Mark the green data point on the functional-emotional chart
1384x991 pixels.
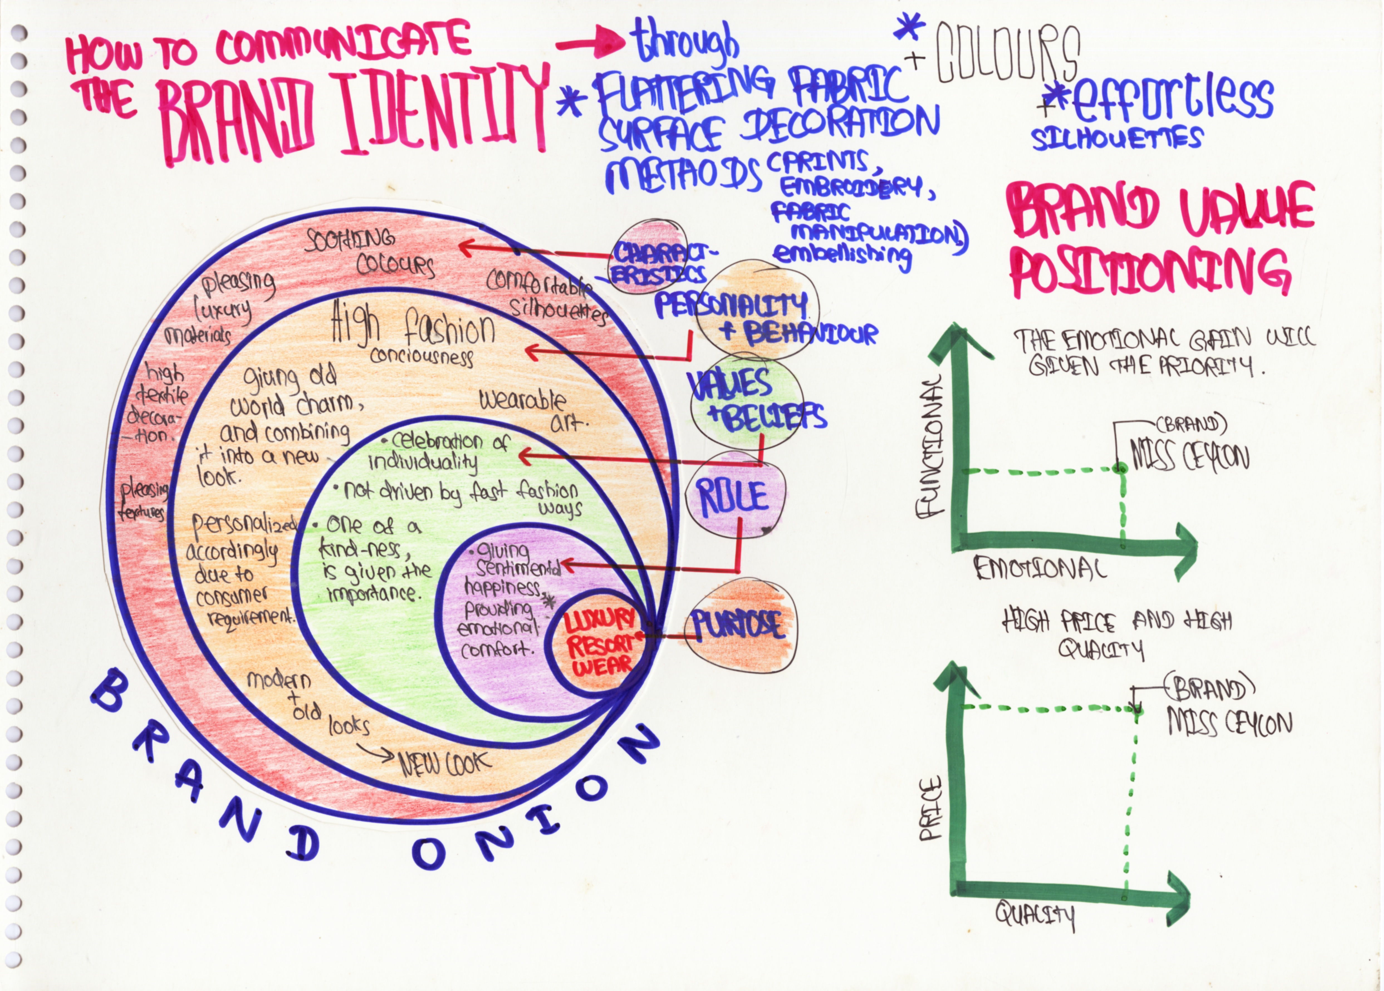click(1120, 468)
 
